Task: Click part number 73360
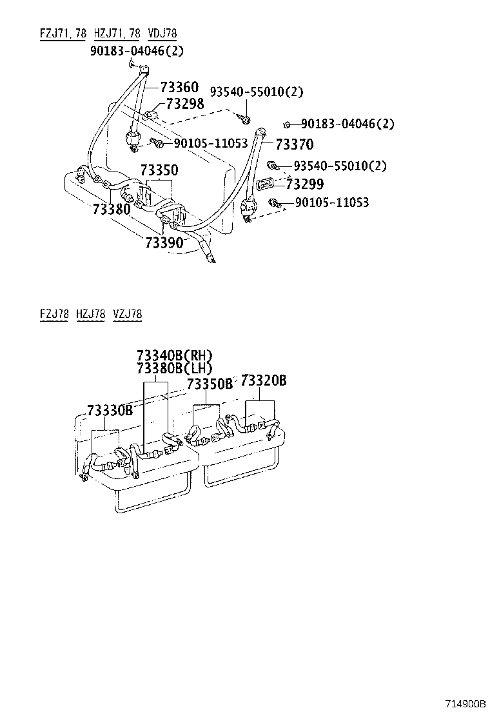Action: point(180,87)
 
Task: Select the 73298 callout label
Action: point(184,104)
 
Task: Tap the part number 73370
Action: point(295,144)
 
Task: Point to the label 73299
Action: point(305,184)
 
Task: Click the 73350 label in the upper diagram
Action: point(159,170)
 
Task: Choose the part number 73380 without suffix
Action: point(112,210)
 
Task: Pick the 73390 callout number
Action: point(164,242)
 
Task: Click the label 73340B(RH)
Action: point(175,356)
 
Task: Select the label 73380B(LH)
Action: point(175,368)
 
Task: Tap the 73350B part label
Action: point(210,384)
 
